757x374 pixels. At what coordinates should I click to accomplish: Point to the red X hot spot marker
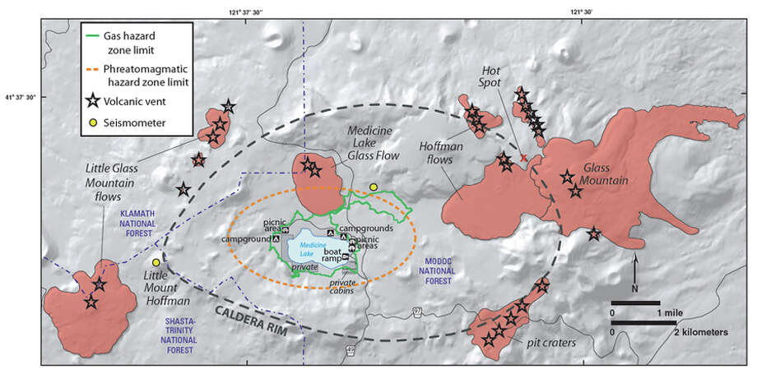[524, 156]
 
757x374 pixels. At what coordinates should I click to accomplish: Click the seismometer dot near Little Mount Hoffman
[156, 262]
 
